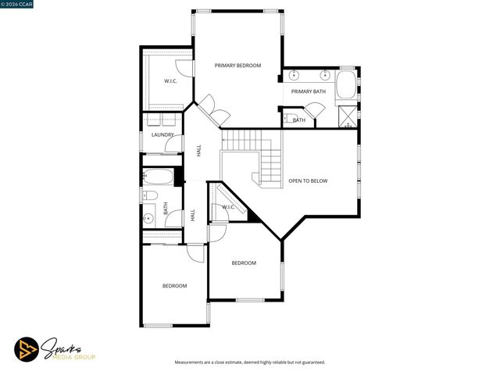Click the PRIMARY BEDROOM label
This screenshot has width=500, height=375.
[x=237, y=66]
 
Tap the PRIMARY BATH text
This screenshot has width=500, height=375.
[x=308, y=91]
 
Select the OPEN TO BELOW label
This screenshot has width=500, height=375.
[x=308, y=180]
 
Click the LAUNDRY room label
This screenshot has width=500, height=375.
[x=162, y=135]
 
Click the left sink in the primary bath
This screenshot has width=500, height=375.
[x=295, y=76]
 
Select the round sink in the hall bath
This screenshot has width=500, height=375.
[x=149, y=219]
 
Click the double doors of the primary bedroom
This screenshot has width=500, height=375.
[x=207, y=110]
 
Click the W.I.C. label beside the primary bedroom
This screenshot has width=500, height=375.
[x=170, y=81]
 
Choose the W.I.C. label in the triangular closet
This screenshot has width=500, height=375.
[x=228, y=207]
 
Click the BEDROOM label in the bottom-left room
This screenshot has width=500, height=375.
[x=174, y=286]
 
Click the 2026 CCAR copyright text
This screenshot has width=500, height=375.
[x=19, y=5]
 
